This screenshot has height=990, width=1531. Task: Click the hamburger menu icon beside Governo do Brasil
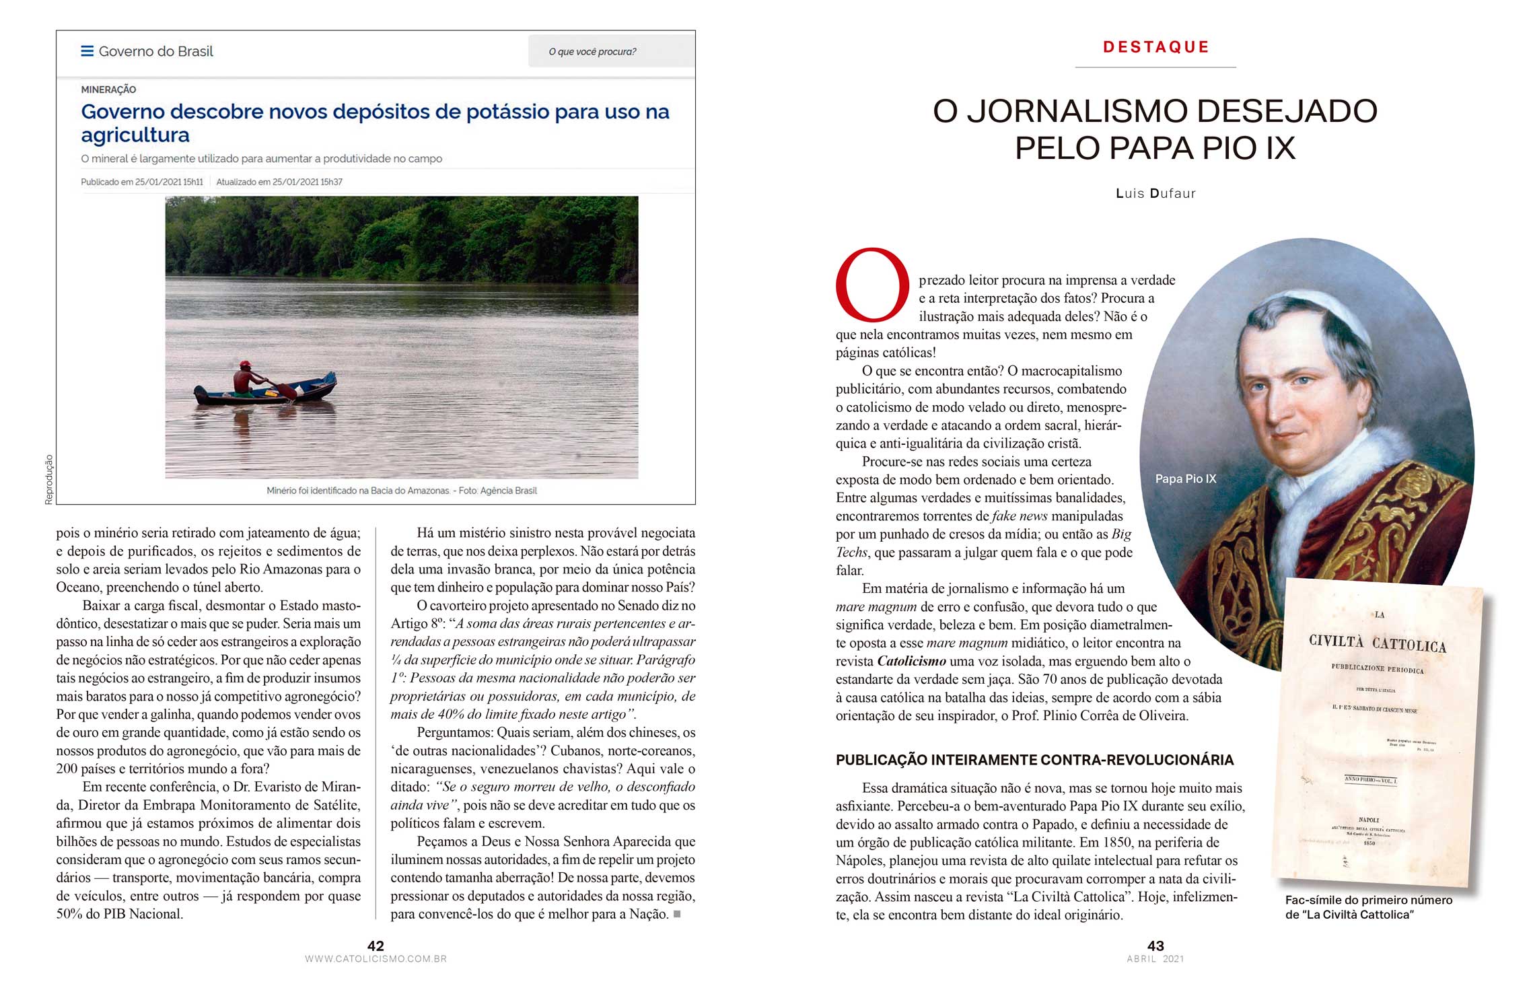coord(87,51)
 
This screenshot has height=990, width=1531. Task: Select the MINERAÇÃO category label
coord(108,90)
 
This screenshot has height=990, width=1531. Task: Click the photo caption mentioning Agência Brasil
coord(402,491)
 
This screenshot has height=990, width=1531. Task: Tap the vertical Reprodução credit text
coord(48,479)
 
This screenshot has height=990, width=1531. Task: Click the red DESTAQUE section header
coord(1155,47)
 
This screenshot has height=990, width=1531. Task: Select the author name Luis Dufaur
coord(1155,194)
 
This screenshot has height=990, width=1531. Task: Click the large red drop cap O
coord(872,285)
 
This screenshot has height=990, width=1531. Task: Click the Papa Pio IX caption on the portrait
coord(1185,479)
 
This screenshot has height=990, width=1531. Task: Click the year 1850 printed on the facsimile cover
coord(1369,843)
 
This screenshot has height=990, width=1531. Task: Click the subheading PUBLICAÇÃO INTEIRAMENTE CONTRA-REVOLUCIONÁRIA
coord(1034,761)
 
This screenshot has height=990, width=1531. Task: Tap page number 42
coord(376,946)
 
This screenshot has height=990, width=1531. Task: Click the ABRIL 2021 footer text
coord(1155,959)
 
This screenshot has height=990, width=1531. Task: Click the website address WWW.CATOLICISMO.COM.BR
coord(376,959)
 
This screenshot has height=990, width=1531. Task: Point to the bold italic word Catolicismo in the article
coord(911,662)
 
